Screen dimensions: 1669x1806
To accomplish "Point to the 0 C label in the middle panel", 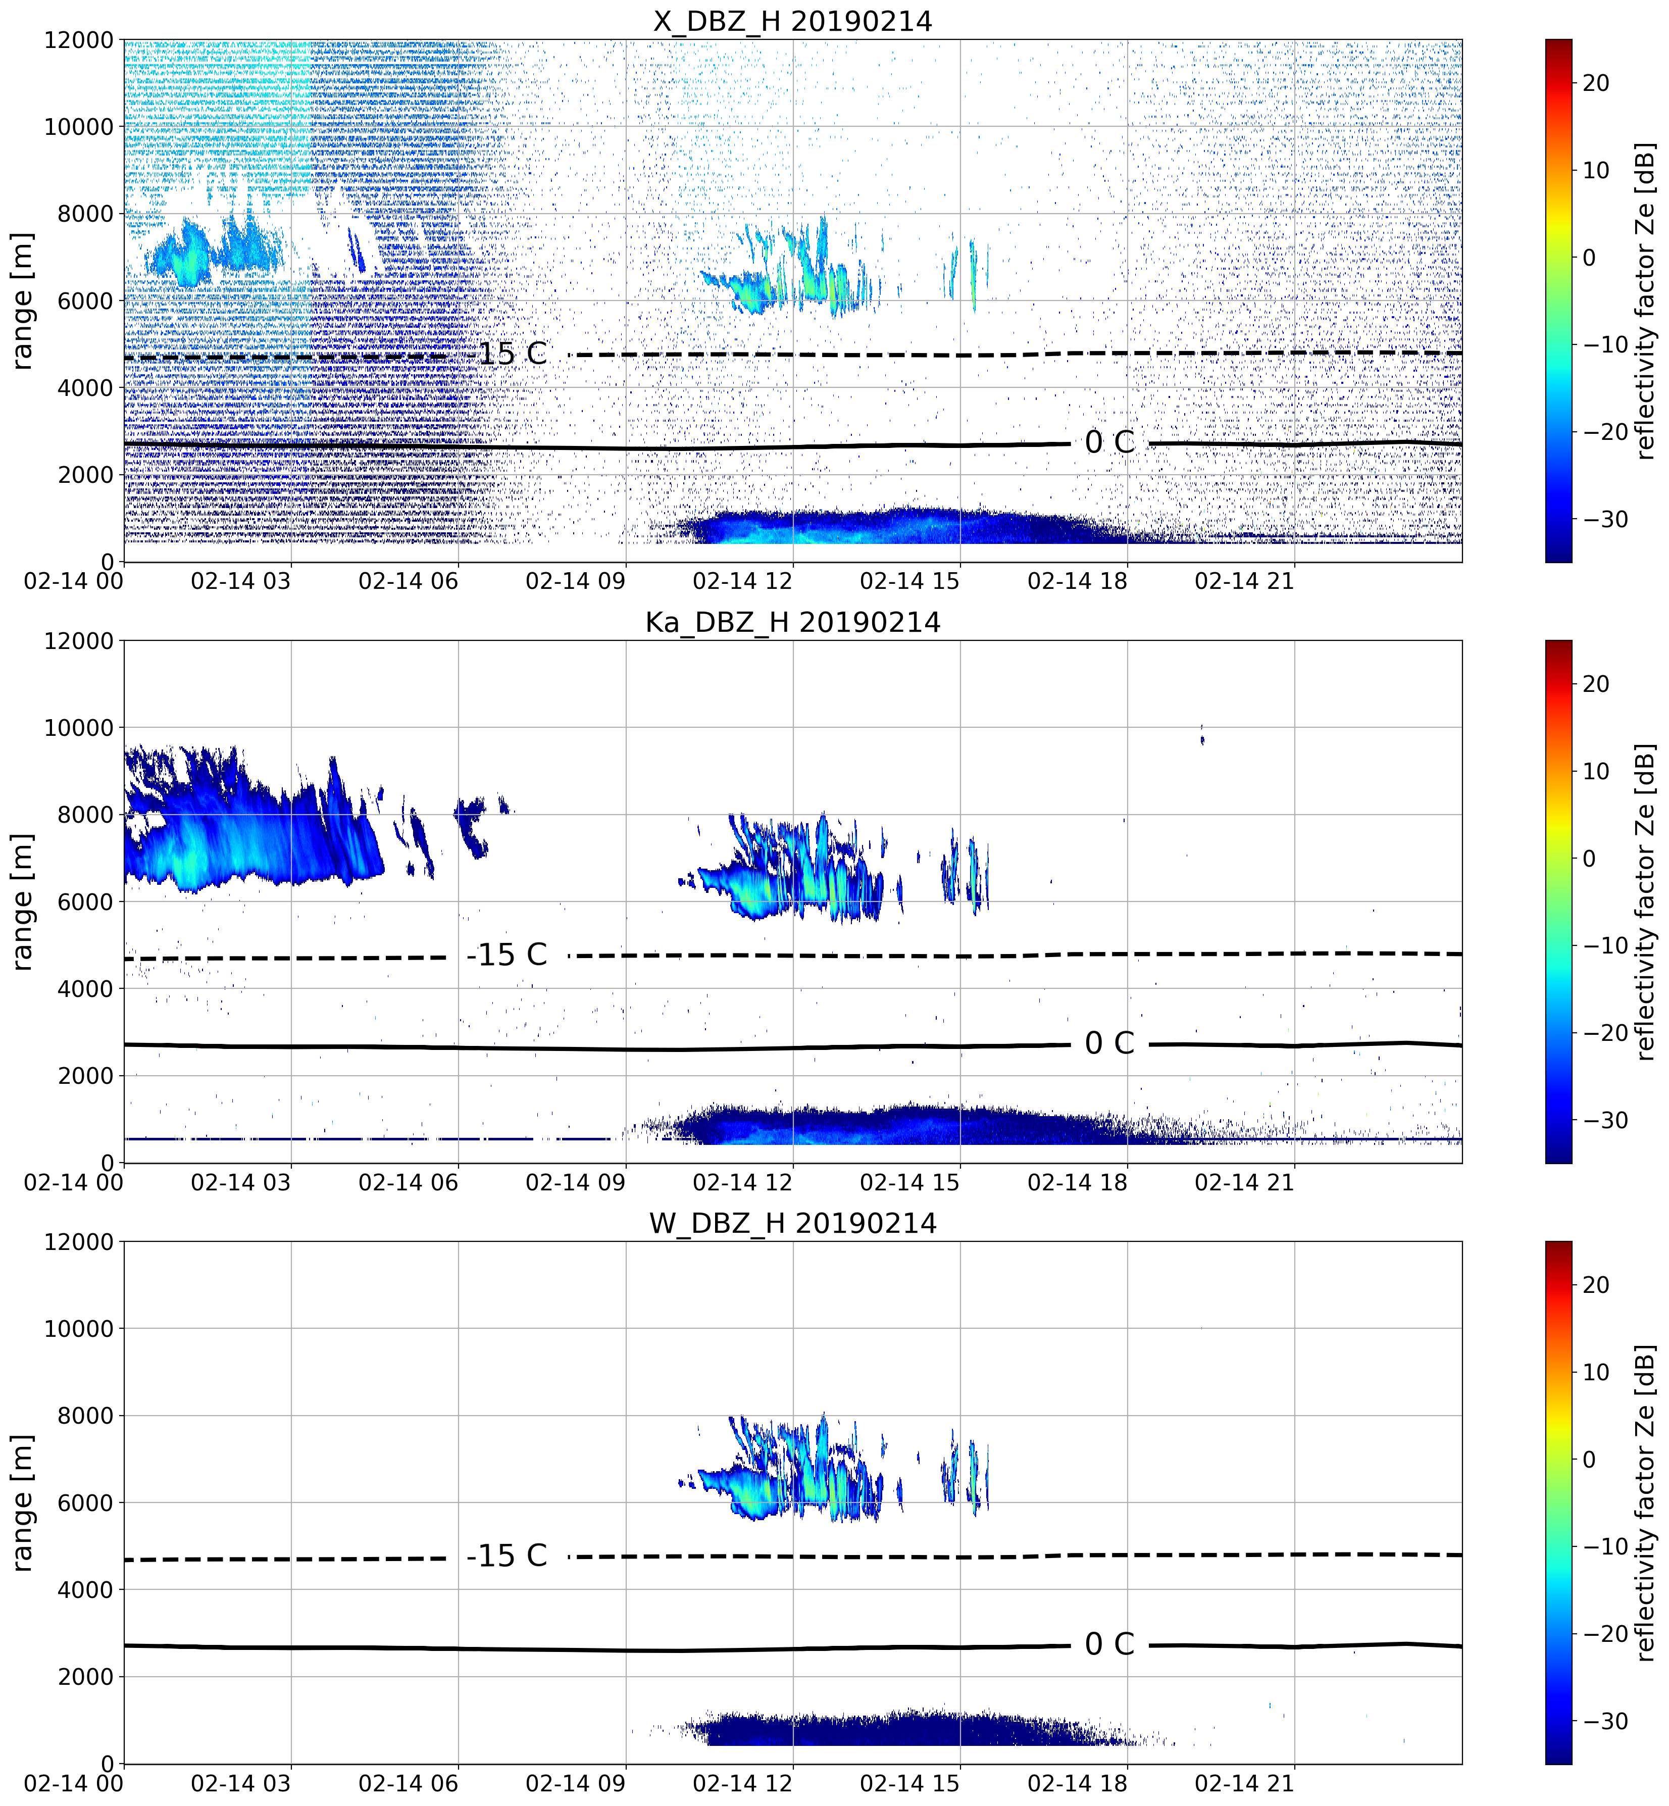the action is [x=1109, y=1043].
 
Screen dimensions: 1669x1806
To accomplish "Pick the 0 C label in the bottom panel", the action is [x=1109, y=1644].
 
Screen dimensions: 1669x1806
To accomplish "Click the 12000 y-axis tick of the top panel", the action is [x=79, y=40].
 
